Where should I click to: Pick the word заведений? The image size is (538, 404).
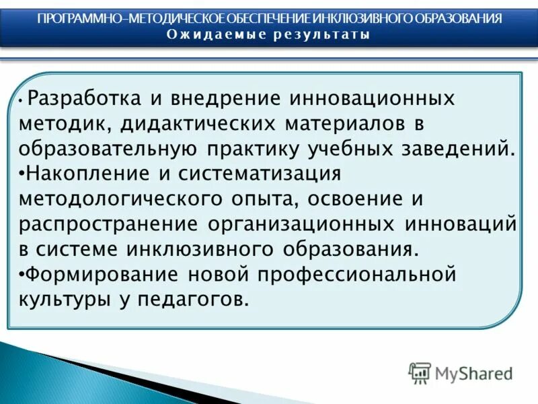coord(459,149)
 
